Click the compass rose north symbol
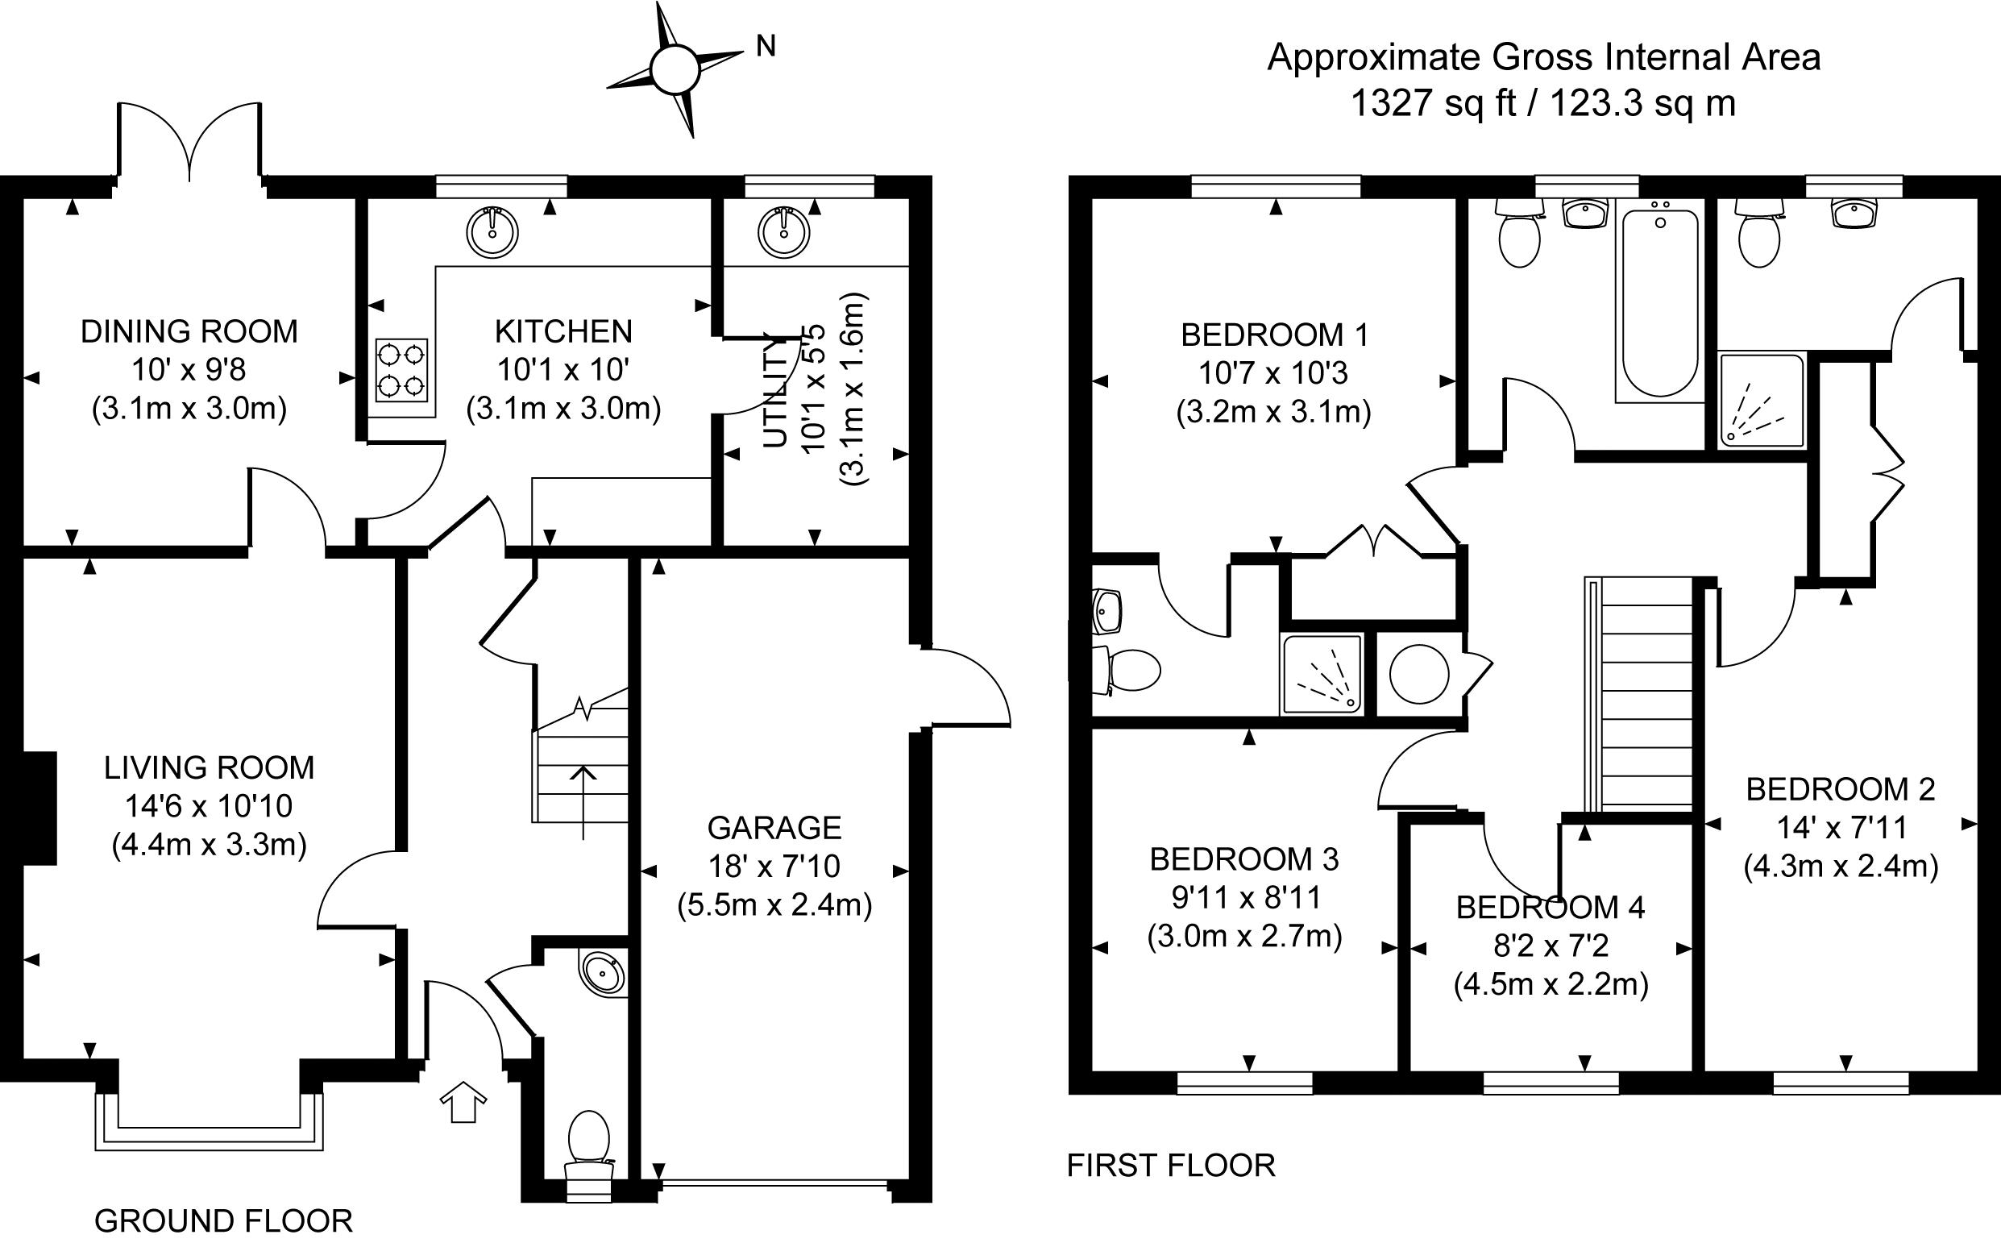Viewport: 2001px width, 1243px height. tap(675, 69)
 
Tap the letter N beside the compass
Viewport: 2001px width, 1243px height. tap(765, 47)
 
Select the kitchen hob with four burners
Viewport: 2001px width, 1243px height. tap(402, 370)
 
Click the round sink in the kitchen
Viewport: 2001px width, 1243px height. tap(492, 232)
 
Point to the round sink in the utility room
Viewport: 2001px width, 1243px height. tap(785, 232)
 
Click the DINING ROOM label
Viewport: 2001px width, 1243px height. tap(189, 331)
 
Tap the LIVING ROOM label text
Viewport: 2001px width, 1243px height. tap(209, 767)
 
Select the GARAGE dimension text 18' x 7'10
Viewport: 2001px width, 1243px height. tap(774, 866)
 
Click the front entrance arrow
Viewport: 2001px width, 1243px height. tap(463, 1101)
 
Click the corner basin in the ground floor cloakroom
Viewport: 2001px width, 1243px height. tap(604, 973)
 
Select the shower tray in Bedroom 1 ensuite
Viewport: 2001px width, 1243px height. tap(1322, 674)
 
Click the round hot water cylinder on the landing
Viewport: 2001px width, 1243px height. tap(1419, 673)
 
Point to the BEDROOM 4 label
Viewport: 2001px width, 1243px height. tap(1551, 908)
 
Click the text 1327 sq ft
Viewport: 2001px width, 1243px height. tap(1433, 103)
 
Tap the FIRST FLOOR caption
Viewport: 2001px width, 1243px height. tap(1171, 1165)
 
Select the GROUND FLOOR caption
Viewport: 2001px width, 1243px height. tap(223, 1220)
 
